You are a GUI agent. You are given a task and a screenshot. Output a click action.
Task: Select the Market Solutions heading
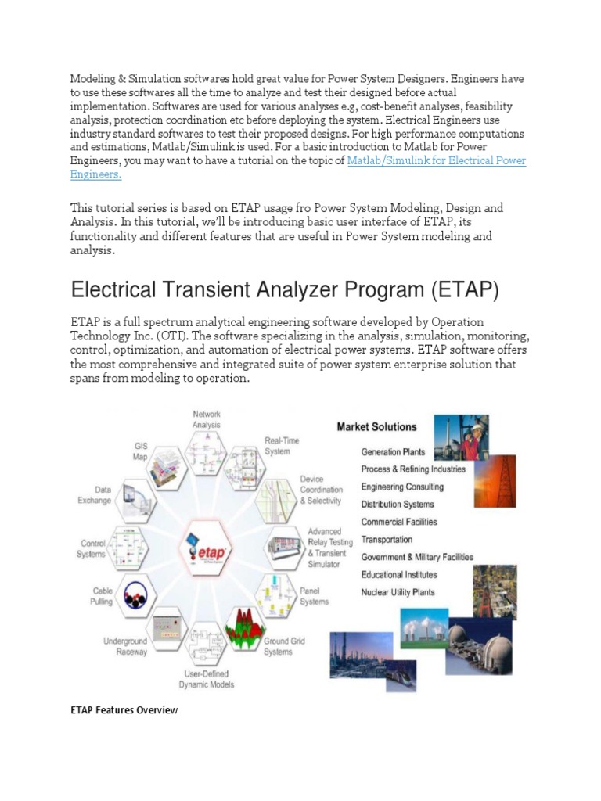[376, 427]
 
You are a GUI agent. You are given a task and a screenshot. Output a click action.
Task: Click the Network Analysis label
[207, 418]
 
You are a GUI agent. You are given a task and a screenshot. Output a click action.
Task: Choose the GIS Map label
[139, 451]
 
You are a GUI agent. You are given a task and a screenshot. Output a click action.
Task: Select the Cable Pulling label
[103, 596]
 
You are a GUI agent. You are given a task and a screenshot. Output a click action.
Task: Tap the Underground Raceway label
[125, 646]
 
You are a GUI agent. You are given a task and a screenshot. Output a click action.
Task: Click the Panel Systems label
[314, 596]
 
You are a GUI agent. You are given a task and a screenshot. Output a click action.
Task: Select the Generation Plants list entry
[393, 452]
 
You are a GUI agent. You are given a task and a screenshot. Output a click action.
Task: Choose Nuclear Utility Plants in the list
[398, 593]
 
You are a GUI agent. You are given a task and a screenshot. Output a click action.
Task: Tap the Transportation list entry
[387, 540]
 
